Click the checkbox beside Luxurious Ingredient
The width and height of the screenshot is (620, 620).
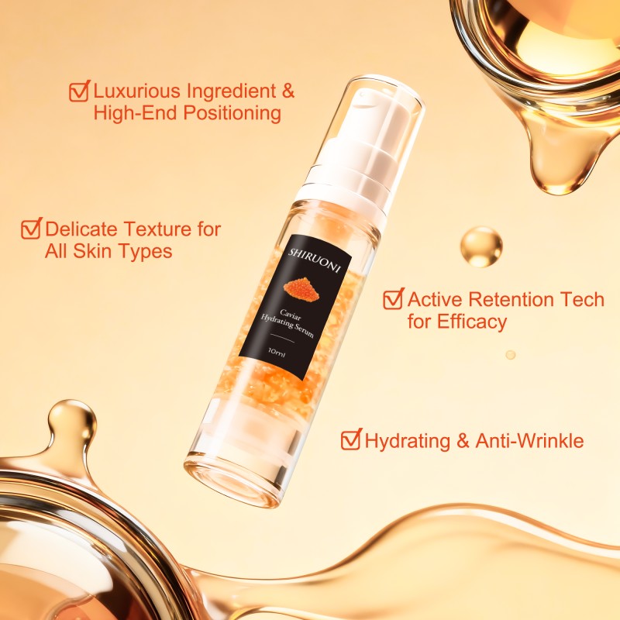pos(79,91)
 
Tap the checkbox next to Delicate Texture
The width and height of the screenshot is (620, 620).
pos(31,229)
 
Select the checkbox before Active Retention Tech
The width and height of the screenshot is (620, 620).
pos(393,299)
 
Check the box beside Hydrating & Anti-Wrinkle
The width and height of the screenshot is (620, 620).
pos(351,440)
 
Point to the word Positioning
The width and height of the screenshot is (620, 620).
pos(231,113)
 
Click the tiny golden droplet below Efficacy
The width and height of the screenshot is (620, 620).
pos(510,354)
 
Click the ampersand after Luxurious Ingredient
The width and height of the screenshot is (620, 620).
pos(288,91)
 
